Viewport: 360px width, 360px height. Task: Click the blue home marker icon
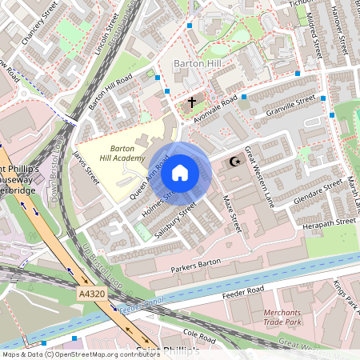(180, 172)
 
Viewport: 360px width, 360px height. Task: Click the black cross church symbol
(191, 102)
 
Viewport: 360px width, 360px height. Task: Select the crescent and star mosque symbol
(235, 162)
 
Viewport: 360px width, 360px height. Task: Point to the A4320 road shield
(92, 295)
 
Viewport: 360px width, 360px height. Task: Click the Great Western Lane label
(259, 176)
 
